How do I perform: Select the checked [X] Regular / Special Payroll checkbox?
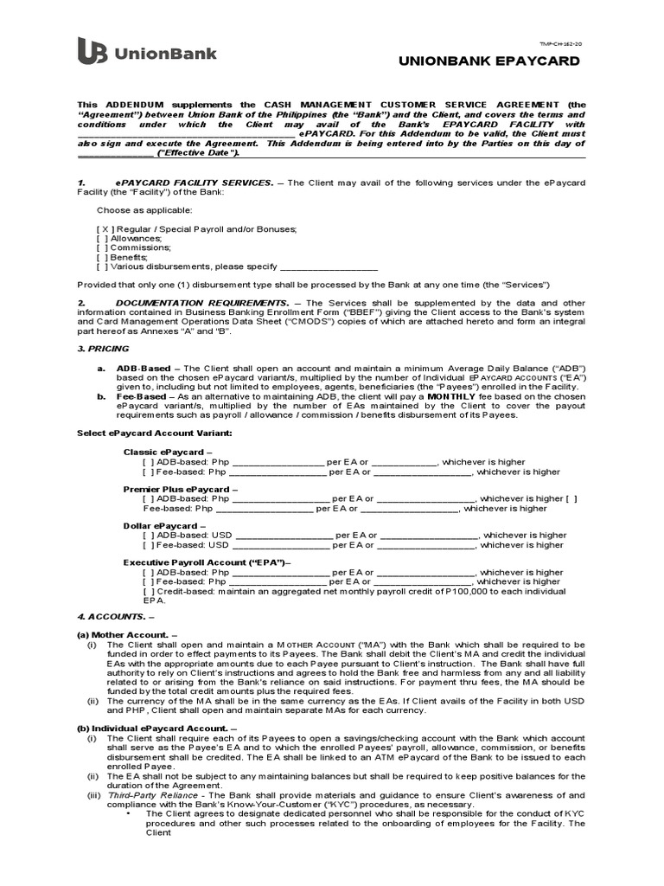click(x=105, y=228)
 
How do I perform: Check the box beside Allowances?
click(x=103, y=238)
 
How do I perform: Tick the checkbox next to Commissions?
click(x=103, y=247)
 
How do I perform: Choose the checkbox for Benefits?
click(x=103, y=257)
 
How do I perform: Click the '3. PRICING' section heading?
click(x=103, y=349)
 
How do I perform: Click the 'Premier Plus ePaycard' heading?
click(x=176, y=489)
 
